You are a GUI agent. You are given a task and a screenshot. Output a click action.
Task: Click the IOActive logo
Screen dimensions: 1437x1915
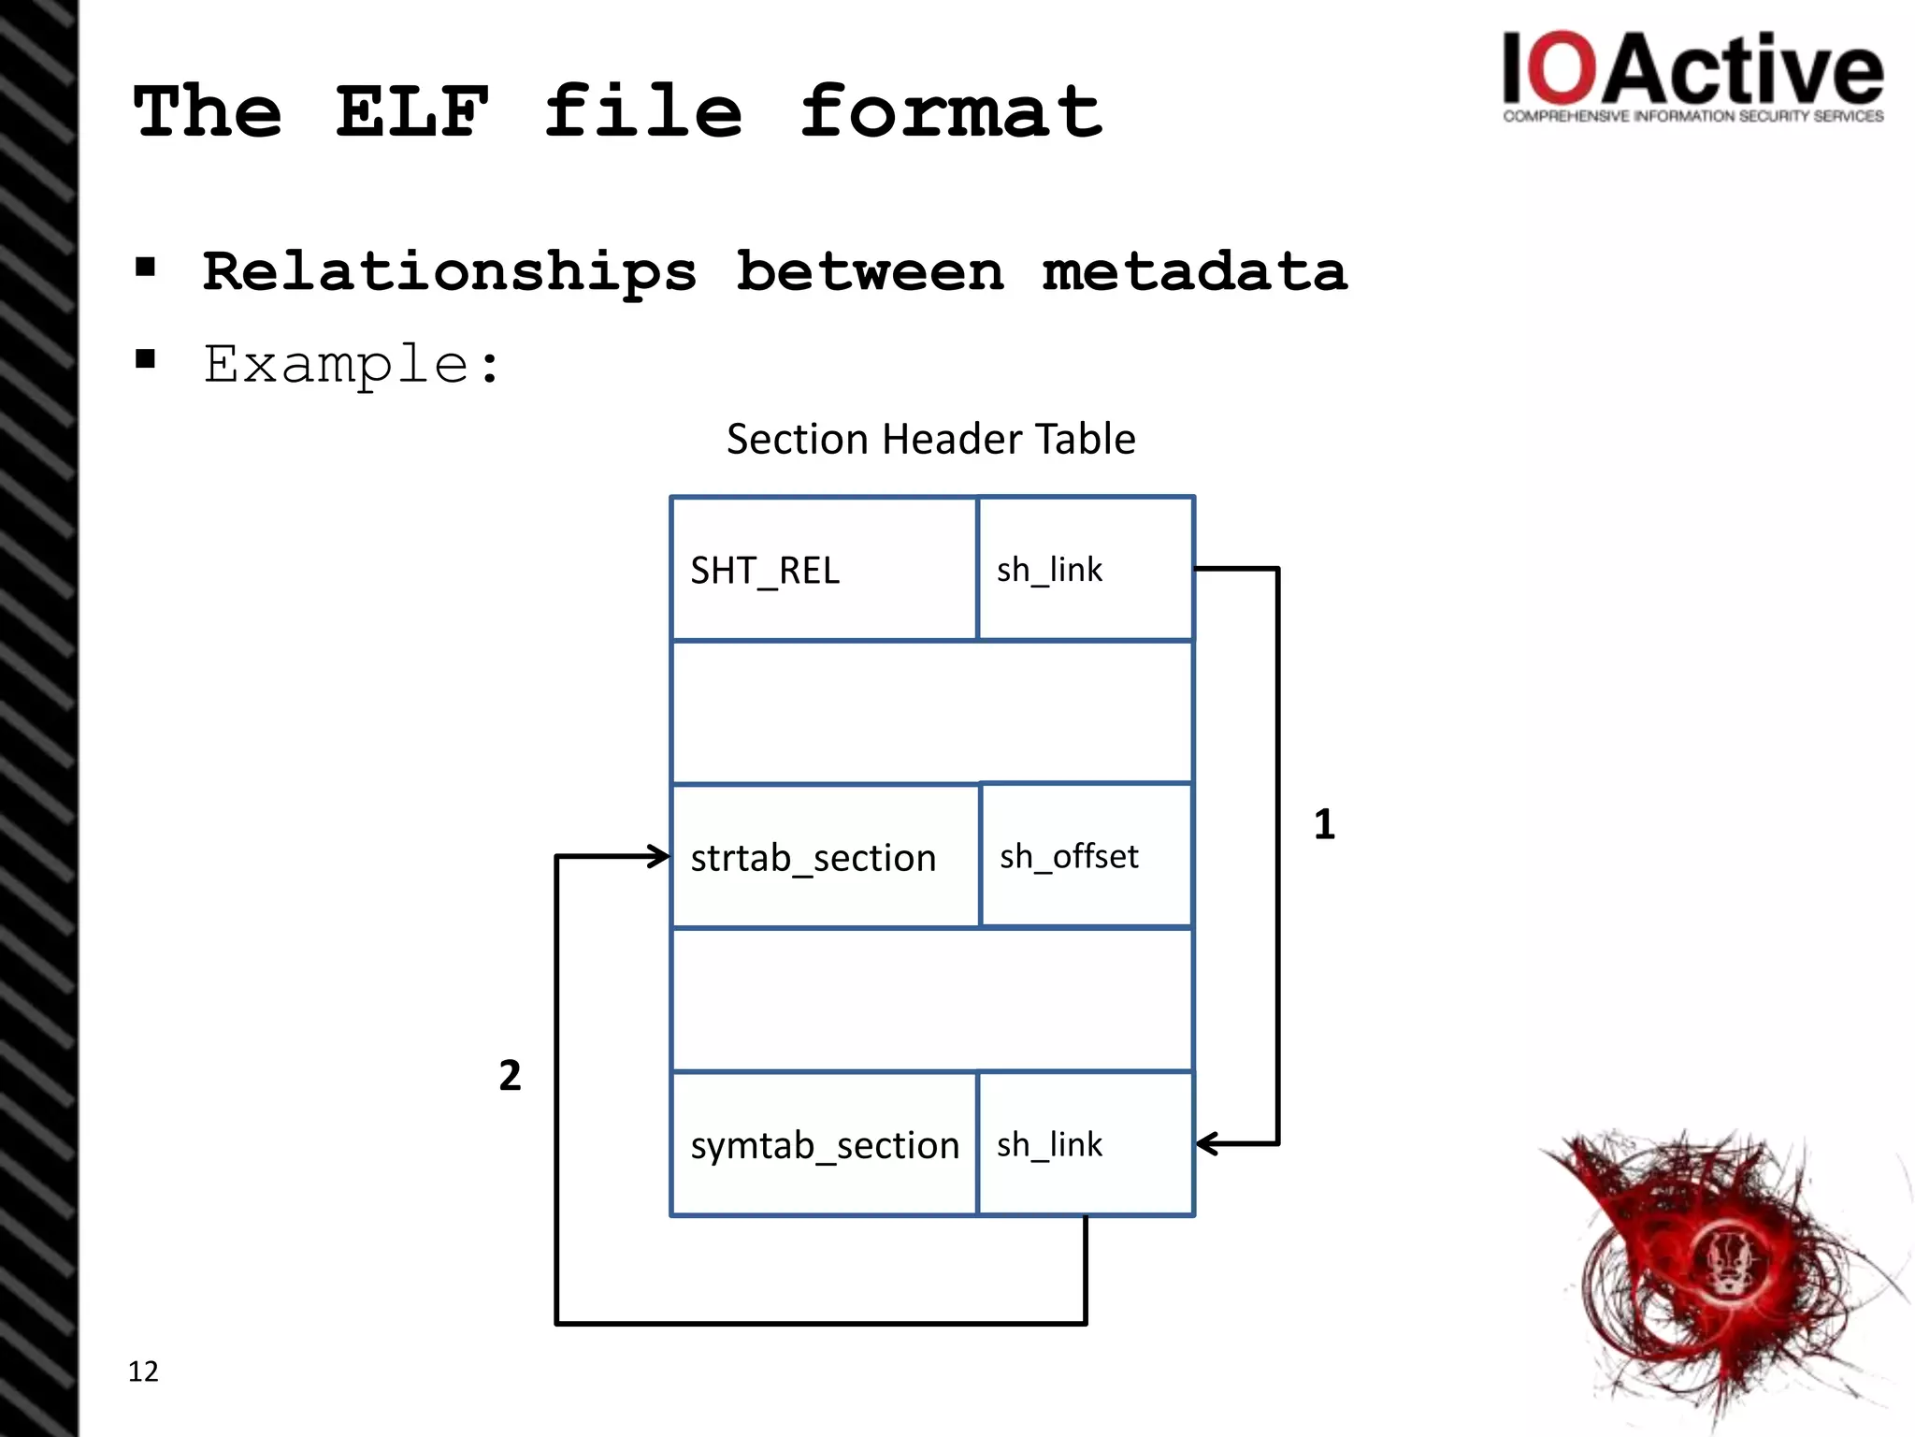pyautogui.click(x=1692, y=75)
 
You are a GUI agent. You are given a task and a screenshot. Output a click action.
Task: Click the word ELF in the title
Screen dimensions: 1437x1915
pyautogui.click(x=411, y=112)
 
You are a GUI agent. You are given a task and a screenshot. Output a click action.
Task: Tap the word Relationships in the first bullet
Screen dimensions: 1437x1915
pyautogui.click(x=450, y=272)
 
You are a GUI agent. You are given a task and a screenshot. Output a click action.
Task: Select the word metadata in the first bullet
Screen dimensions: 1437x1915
pyautogui.click(x=1194, y=272)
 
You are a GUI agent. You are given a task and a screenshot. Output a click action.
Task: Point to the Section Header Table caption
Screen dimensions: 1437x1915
pyautogui.click(x=930, y=439)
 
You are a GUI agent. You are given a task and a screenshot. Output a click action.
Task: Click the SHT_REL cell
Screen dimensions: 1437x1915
pyautogui.click(x=823, y=570)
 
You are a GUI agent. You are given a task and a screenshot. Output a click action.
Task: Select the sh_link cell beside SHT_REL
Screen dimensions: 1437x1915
pyautogui.click(x=1085, y=570)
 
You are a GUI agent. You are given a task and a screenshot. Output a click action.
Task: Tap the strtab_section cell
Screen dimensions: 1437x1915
pyautogui.click(x=823, y=857)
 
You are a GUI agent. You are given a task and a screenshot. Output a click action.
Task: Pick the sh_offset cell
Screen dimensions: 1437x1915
pyautogui.click(x=1085, y=856)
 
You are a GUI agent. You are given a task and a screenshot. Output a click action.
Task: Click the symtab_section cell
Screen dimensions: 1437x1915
pyautogui.click(x=823, y=1144)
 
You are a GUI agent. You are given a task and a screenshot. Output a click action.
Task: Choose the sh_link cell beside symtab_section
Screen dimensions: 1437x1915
pyautogui.click(x=1085, y=1144)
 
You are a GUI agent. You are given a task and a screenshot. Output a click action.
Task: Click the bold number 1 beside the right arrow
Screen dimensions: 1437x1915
pyautogui.click(x=1324, y=824)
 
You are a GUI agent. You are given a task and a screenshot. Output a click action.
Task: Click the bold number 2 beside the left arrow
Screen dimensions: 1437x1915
pyautogui.click(x=510, y=1075)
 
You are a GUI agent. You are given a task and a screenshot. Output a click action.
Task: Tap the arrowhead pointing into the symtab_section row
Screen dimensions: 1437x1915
pyautogui.click(x=1206, y=1143)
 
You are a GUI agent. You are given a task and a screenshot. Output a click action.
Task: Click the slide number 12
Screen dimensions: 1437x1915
pyautogui.click(x=143, y=1371)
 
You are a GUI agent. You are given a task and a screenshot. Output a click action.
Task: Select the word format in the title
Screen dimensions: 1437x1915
pyautogui.click(x=951, y=112)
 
